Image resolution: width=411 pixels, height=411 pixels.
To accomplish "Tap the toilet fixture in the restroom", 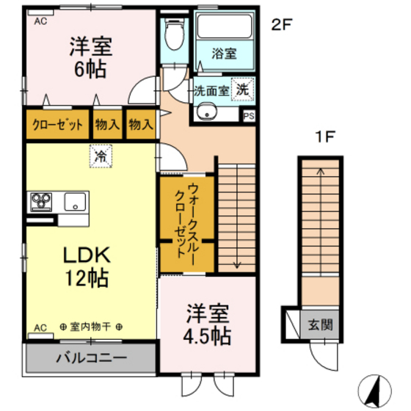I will tap(175, 33).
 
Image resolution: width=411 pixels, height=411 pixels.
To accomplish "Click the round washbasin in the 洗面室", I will tap(205, 112).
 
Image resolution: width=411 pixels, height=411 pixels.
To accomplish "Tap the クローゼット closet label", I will tap(57, 125).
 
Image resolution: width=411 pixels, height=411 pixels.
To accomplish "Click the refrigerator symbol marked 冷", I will tap(98, 155).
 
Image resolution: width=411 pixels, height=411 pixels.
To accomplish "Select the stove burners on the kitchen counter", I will tap(41, 201).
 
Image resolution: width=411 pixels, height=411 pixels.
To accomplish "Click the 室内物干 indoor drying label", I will tap(91, 327).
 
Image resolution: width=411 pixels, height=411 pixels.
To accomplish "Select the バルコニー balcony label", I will tap(91, 358).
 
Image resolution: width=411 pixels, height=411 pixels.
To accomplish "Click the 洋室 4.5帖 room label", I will tap(205, 324).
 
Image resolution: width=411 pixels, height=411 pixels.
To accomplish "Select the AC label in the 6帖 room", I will tap(40, 21).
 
